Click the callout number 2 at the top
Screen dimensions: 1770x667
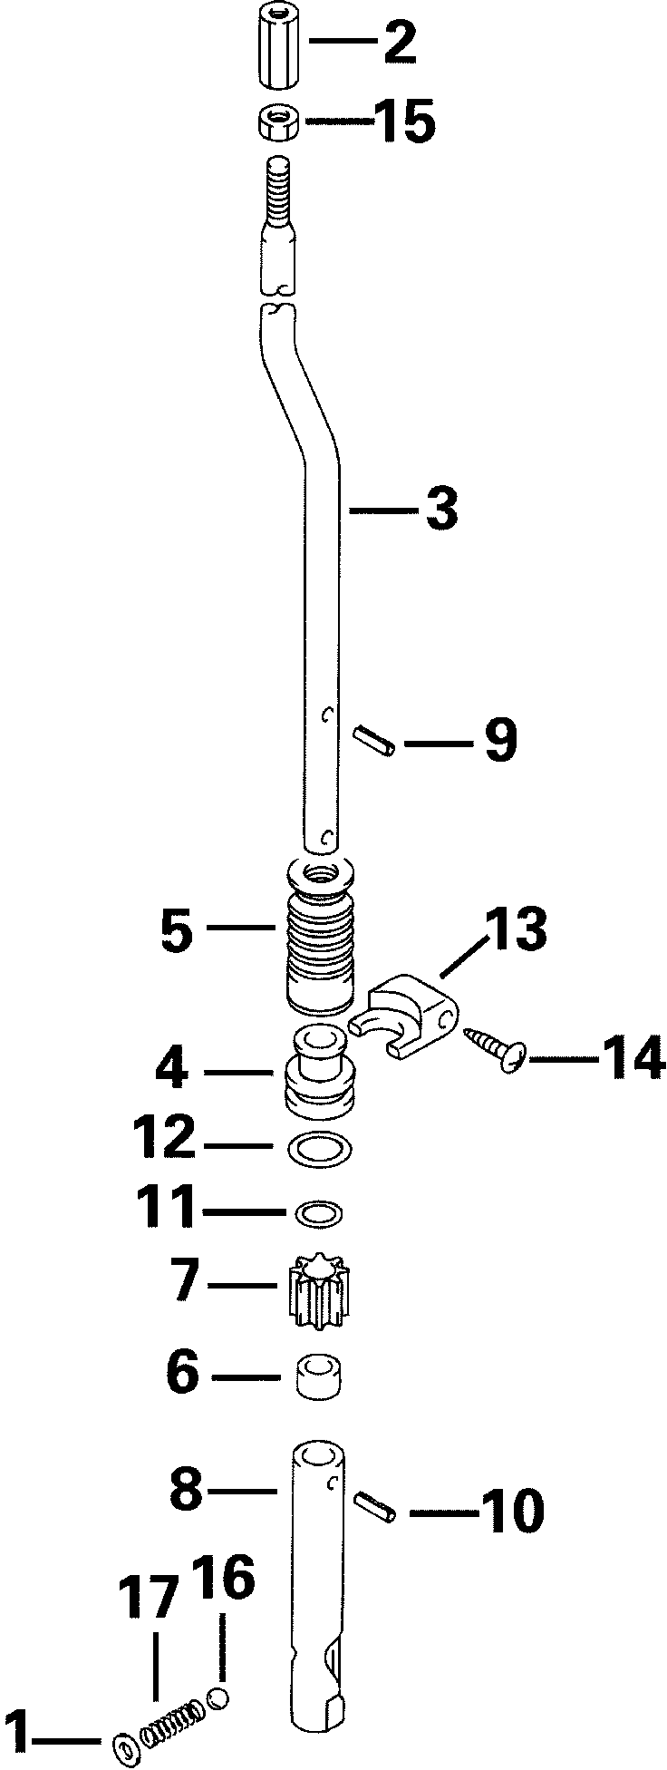(400, 43)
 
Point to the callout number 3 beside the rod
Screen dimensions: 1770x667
(440, 511)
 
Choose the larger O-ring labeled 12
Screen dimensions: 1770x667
(319, 1150)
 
